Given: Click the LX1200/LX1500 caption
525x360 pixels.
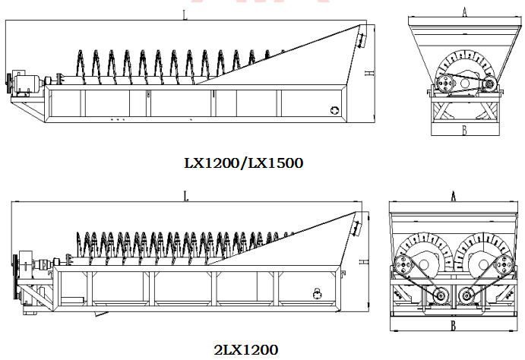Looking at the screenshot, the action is click(x=244, y=163).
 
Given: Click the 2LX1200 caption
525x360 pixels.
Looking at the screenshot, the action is click(x=245, y=350).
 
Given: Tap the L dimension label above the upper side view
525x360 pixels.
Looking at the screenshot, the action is click(x=185, y=14).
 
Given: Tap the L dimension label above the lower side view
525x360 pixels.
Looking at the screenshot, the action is click(x=186, y=196).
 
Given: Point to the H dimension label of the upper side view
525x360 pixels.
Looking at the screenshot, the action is click(x=369, y=73).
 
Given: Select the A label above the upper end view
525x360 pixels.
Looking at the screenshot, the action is click(x=464, y=12).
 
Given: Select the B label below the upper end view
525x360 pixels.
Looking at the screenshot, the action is click(x=464, y=130).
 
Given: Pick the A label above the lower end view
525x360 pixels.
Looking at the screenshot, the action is click(x=454, y=196).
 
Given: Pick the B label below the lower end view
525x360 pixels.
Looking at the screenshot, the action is click(x=453, y=325).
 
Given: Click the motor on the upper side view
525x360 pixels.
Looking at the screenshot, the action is click(x=26, y=82).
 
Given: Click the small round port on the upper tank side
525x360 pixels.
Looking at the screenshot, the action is click(x=334, y=109).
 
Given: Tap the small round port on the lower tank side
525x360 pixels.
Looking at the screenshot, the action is click(x=317, y=294).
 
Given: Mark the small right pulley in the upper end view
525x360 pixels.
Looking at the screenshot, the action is click(x=489, y=84).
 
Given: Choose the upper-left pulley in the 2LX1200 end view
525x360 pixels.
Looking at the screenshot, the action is click(x=403, y=266).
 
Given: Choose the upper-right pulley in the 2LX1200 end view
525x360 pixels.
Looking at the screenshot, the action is click(x=504, y=265).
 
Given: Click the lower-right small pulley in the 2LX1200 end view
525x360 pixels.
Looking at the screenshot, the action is click(x=466, y=295).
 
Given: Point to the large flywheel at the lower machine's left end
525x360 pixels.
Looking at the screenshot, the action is click(x=15, y=277).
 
